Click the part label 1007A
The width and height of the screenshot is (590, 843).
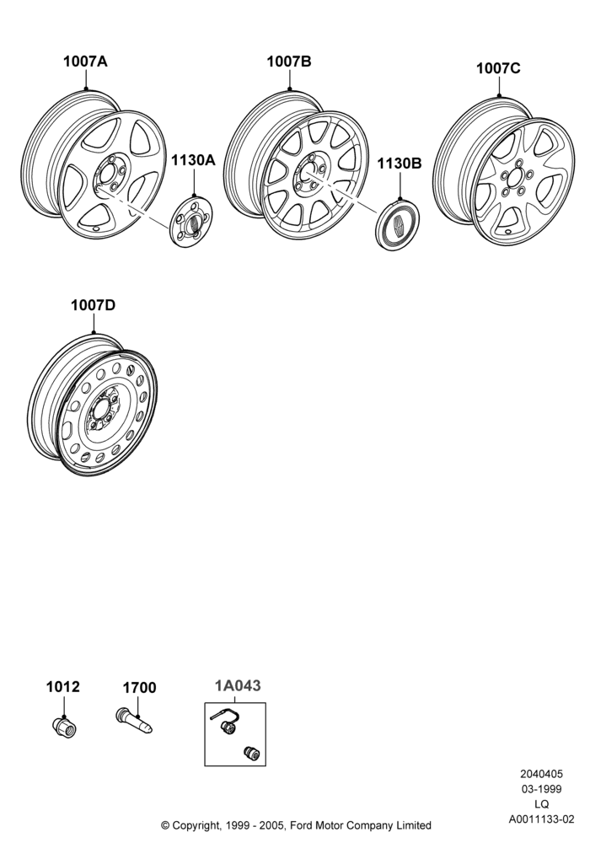(x=85, y=62)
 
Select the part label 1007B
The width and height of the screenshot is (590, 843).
(x=289, y=62)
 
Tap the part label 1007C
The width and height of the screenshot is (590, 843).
(x=498, y=68)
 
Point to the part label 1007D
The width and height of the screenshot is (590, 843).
(x=93, y=305)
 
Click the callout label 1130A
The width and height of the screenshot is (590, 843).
(x=193, y=159)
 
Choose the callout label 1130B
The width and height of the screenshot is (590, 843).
(x=400, y=164)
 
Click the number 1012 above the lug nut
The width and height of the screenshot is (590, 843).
(x=63, y=686)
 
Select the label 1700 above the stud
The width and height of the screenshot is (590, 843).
(x=139, y=688)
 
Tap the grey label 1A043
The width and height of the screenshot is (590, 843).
(x=238, y=685)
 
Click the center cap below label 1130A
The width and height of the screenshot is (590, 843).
(x=192, y=221)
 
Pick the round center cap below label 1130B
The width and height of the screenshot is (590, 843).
(x=397, y=226)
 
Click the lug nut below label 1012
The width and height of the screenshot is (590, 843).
(x=65, y=727)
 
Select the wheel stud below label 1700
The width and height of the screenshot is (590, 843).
(x=134, y=721)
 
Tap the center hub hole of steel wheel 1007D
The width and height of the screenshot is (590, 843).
(x=101, y=411)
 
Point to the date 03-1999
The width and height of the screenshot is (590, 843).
(x=542, y=789)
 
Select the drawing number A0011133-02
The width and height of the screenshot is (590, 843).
(x=542, y=819)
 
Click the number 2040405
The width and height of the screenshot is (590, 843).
(x=542, y=774)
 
